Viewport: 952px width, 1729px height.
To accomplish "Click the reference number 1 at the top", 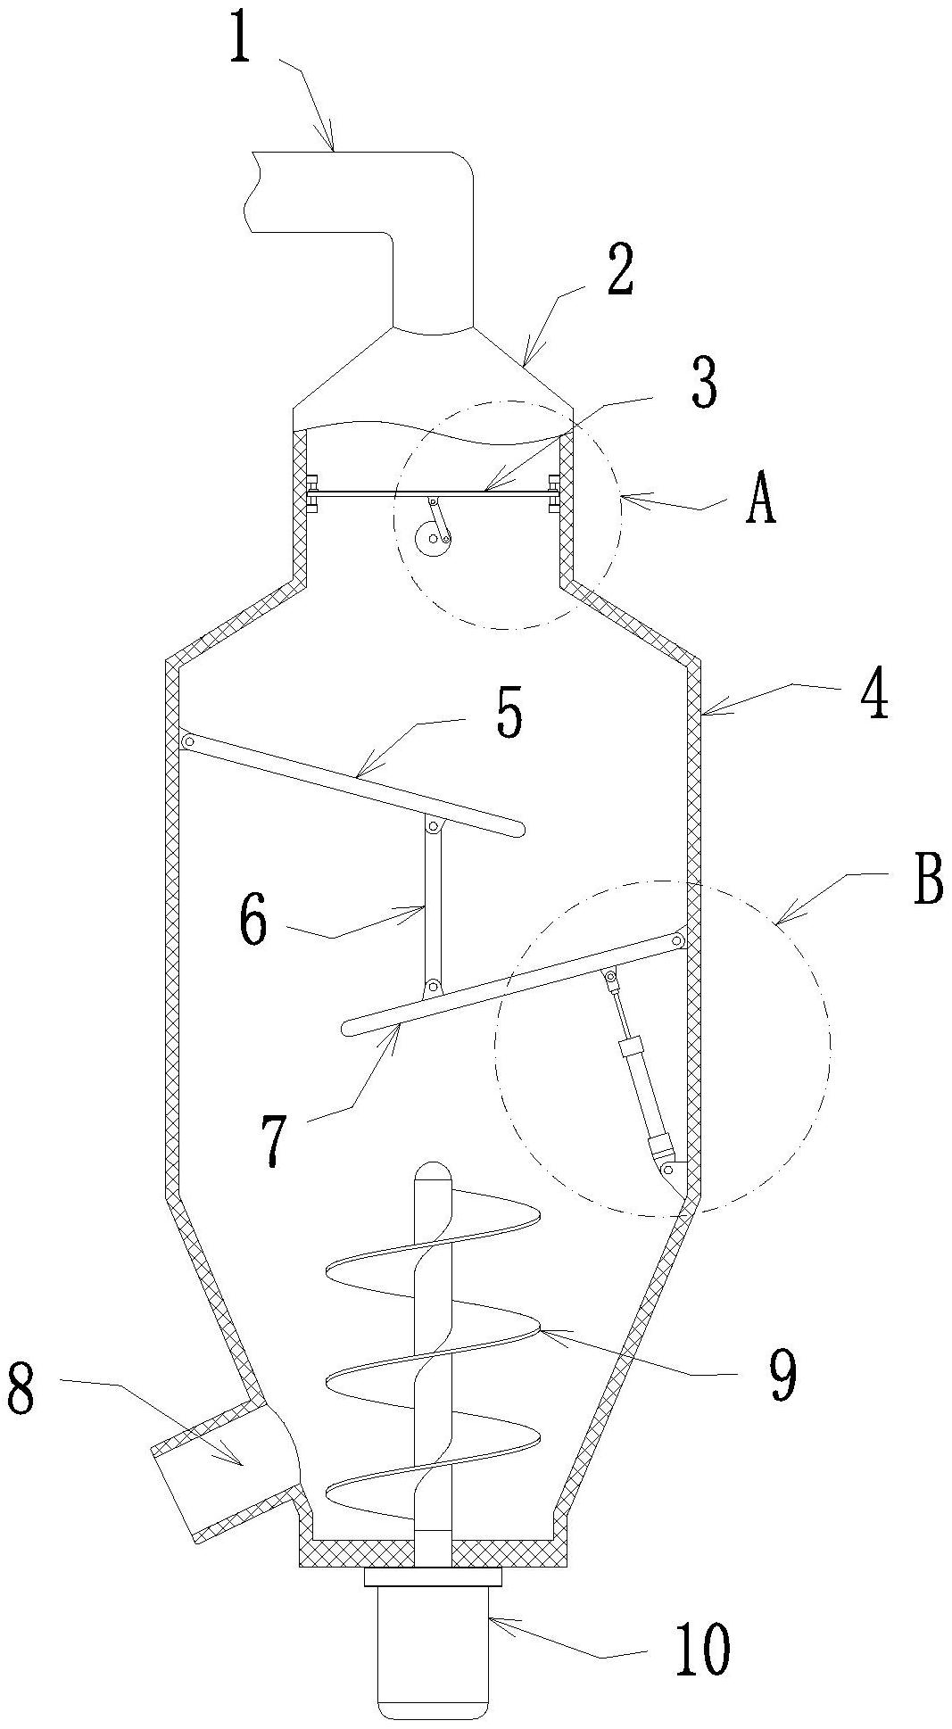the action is point(239,40).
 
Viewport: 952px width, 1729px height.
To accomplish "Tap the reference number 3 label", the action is point(703,384).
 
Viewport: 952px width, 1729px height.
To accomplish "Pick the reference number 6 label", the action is point(252,921).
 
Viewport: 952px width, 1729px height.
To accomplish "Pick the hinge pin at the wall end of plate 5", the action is point(187,742).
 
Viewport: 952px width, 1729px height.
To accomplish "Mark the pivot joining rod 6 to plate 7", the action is point(433,986).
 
